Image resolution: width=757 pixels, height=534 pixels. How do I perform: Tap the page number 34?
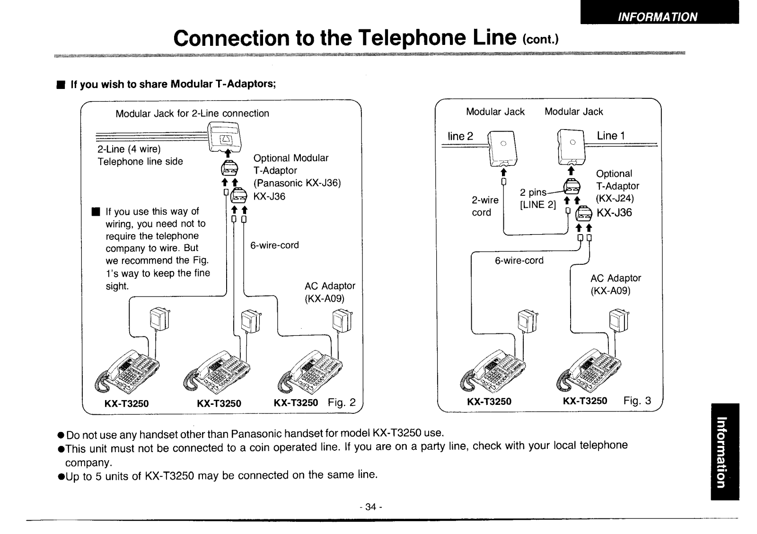pos(370,507)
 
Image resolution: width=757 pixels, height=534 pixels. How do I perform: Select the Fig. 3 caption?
pos(637,401)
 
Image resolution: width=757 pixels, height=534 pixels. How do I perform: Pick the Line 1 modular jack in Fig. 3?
pos(571,146)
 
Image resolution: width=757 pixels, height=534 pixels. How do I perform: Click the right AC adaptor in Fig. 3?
pos(618,320)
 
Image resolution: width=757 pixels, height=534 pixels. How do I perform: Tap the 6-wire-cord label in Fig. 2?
pos(274,245)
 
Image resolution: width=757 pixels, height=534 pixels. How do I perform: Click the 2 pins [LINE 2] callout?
pos(537,199)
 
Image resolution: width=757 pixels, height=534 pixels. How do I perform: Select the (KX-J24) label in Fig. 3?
pos(615,198)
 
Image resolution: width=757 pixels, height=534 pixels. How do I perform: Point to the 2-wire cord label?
pos(484,206)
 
